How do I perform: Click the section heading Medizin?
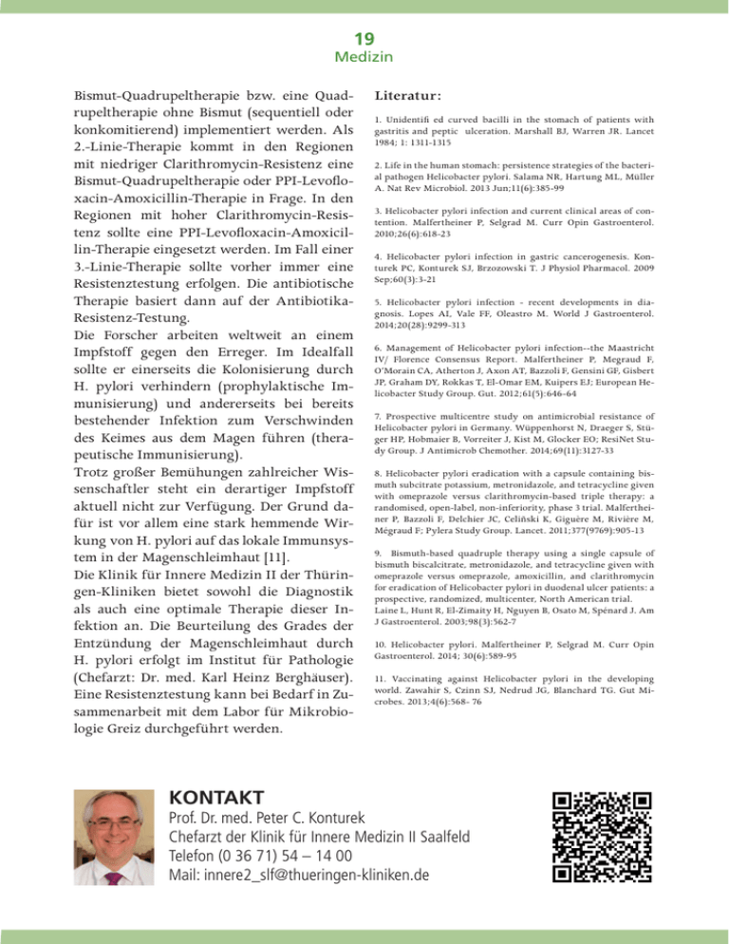(x=364, y=59)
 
